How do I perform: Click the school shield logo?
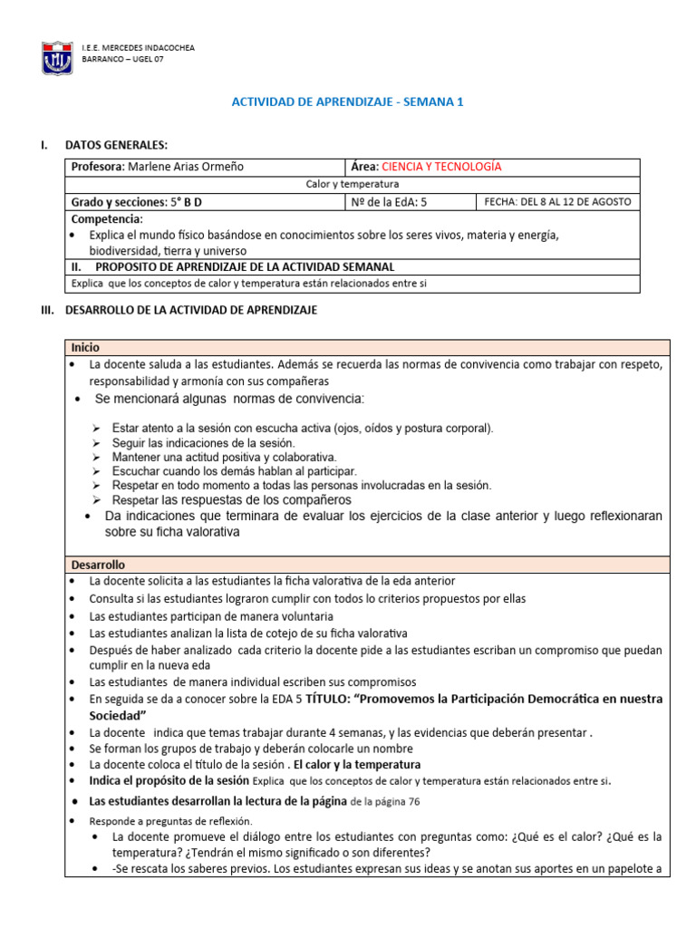point(58,56)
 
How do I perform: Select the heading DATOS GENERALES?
point(116,146)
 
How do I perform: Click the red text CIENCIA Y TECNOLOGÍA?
point(441,167)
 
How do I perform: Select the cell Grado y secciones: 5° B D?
point(142,202)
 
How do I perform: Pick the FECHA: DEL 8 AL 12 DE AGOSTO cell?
point(557,202)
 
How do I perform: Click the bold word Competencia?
point(106,219)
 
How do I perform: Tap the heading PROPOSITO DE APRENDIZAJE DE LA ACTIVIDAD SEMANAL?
point(245,267)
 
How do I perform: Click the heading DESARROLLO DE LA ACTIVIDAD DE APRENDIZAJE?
point(190,311)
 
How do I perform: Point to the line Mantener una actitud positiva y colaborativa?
point(224,457)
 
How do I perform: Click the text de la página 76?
point(385,801)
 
